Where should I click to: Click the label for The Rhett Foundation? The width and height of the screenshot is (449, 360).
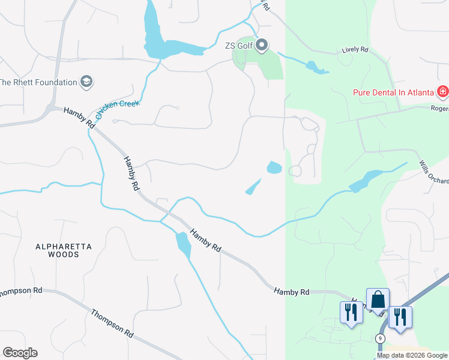(38, 82)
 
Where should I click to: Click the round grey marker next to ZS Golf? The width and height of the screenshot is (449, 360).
(262, 45)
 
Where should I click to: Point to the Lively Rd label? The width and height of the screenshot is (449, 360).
(354, 50)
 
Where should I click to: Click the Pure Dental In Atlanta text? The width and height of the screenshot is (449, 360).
(393, 92)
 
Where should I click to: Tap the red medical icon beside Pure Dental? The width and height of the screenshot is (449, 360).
(442, 92)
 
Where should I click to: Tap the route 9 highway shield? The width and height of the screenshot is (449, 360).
(380, 339)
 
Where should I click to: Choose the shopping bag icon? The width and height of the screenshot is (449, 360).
(378, 299)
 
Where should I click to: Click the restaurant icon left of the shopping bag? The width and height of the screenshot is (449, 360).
(351, 312)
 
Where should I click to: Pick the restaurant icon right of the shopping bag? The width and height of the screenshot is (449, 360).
(400, 316)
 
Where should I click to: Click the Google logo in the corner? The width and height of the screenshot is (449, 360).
(20, 353)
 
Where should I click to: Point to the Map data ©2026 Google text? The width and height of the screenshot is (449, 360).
(412, 355)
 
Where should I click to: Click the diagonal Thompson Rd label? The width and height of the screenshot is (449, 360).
(112, 324)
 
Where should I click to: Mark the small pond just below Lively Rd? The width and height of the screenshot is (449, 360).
(316, 67)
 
